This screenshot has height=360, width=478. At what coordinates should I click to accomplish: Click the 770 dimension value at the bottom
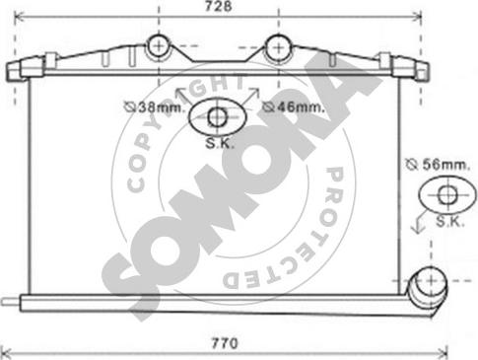[x=226, y=345]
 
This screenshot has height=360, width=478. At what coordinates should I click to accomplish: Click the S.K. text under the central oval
[x=218, y=142]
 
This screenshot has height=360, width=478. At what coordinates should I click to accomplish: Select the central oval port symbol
[x=218, y=116]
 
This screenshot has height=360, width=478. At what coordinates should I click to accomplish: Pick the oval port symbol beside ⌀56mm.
[x=445, y=193]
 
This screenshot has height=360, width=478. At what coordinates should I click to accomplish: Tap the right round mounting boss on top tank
[x=278, y=46]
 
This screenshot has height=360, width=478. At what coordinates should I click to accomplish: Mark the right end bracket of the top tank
[x=412, y=68]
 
